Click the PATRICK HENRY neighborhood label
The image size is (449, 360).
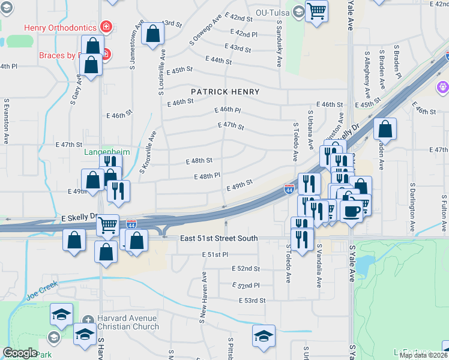point(225,92)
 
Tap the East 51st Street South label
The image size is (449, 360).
point(218,238)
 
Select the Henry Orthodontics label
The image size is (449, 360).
point(60,27)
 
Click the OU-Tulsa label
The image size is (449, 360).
point(273,12)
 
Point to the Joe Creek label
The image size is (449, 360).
point(41,296)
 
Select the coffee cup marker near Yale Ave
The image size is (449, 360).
point(351,211)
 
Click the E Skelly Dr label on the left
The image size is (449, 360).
point(80,216)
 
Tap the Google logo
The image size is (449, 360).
point(19,353)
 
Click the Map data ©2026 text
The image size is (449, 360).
point(424,355)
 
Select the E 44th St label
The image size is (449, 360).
point(218,60)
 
